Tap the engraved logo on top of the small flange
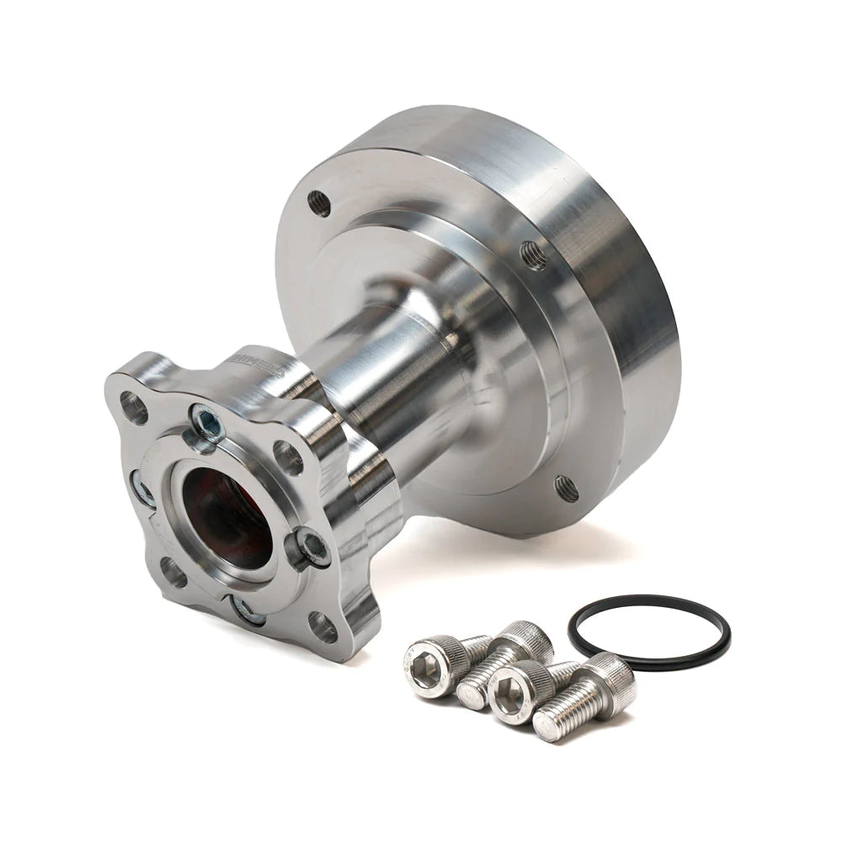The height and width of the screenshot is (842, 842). [253, 360]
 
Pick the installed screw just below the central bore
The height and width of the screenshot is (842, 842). [246, 610]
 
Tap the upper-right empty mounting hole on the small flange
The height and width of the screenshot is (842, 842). [288, 456]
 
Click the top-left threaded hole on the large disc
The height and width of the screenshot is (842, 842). [319, 202]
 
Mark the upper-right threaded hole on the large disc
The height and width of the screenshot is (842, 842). [534, 254]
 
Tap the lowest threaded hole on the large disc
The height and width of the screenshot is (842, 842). [565, 487]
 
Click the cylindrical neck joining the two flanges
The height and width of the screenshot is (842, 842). [396, 379]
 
